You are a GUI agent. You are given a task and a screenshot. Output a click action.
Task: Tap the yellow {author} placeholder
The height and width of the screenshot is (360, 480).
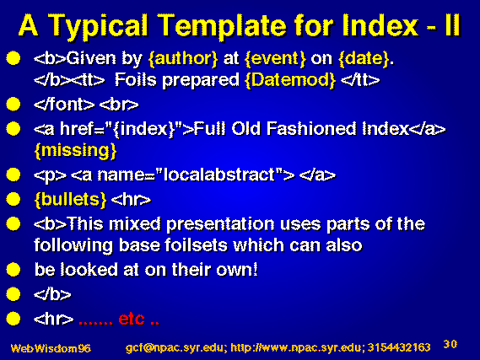point(183,58)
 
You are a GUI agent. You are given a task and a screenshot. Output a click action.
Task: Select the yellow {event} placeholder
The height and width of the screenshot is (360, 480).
point(275,58)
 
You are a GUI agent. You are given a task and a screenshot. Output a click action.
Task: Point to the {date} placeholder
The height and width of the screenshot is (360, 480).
point(364,58)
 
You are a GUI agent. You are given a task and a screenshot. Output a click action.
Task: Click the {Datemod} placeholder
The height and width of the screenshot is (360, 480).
point(290,80)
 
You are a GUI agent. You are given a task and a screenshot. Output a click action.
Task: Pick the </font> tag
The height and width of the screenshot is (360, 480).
point(64,105)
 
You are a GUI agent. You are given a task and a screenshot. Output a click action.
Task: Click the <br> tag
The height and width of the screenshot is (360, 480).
point(119,105)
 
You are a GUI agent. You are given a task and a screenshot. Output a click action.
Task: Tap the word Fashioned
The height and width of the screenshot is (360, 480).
point(311,128)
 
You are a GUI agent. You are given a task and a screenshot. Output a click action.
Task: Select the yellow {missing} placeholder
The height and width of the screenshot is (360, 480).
point(76,150)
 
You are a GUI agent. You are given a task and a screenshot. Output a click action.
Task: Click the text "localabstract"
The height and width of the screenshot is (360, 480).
point(219,175)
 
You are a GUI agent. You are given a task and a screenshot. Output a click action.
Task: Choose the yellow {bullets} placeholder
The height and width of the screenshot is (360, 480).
point(71,200)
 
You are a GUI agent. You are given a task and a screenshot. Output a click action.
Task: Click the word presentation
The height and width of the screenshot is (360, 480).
point(220,224)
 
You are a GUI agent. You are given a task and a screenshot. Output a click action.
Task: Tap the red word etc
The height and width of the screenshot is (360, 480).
point(132,319)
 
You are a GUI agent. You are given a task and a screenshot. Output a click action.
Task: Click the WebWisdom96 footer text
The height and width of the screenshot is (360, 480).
point(51,348)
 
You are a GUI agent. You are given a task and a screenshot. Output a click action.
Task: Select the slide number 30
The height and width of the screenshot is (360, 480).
point(450,344)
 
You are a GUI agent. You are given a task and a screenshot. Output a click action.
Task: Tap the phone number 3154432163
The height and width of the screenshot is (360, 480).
point(399,347)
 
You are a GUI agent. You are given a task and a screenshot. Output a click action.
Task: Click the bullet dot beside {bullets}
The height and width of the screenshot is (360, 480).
point(13,200)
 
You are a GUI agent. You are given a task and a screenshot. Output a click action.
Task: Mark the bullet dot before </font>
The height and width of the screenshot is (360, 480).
point(13,105)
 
